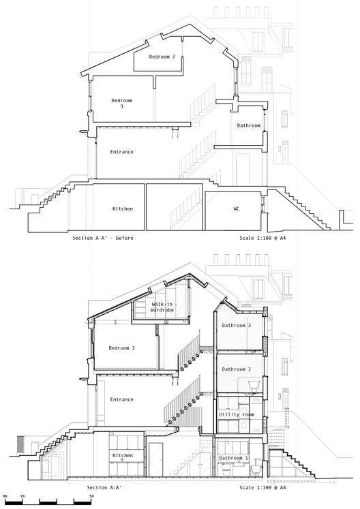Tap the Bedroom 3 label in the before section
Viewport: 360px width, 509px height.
pyautogui.click(x=121, y=103)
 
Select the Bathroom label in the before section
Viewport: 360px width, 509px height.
pyautogui.click(x=249, y=125)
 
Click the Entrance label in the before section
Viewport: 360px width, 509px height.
pyautogui.click(x=121, y=152)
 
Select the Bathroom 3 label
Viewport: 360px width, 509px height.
pyautogui.click(x=237, y=326)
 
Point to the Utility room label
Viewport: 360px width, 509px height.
pyautogui.click(x=236, y=414)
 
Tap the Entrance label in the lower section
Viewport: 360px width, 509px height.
pyautogui.click(x=121, y=399)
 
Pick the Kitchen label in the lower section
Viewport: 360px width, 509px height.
pyautogui.click(x=123, y=454)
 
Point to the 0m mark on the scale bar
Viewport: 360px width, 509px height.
pyautogui.click(x=5, y=497)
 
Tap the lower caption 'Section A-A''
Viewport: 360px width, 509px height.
pyautogui.click(x=103, y=488)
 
